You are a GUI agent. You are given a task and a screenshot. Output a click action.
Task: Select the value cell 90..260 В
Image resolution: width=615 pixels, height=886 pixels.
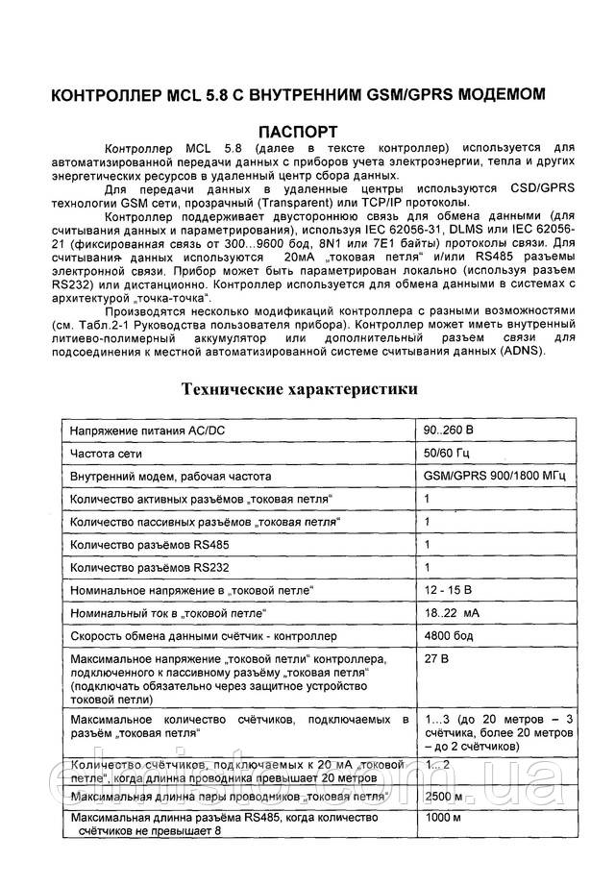point(447,429)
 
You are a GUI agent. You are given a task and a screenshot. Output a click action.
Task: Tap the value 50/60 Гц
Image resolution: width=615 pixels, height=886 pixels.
point(446,453)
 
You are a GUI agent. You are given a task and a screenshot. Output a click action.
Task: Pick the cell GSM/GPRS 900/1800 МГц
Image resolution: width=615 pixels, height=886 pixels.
point(494,476)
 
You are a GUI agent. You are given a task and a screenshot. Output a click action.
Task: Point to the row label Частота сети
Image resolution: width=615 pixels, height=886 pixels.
point(104,453)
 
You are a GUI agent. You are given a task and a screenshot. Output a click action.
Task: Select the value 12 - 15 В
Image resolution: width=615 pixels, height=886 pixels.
point(448,589)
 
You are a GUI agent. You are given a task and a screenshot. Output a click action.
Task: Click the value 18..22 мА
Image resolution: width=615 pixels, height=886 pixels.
point(454,612)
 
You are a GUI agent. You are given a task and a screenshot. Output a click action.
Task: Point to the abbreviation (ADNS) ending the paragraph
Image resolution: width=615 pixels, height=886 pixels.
point(519,351)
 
